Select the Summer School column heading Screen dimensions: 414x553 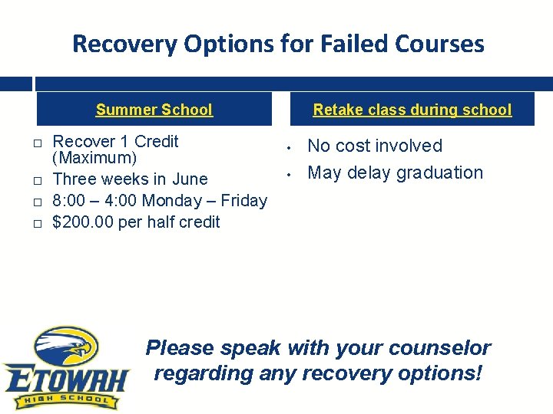click(x=154, y=110)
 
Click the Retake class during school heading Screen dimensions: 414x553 click(x=412, y=110)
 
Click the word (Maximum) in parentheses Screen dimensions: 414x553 click(x=94, y=159)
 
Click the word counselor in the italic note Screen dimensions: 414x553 click(x=439, y=348)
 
